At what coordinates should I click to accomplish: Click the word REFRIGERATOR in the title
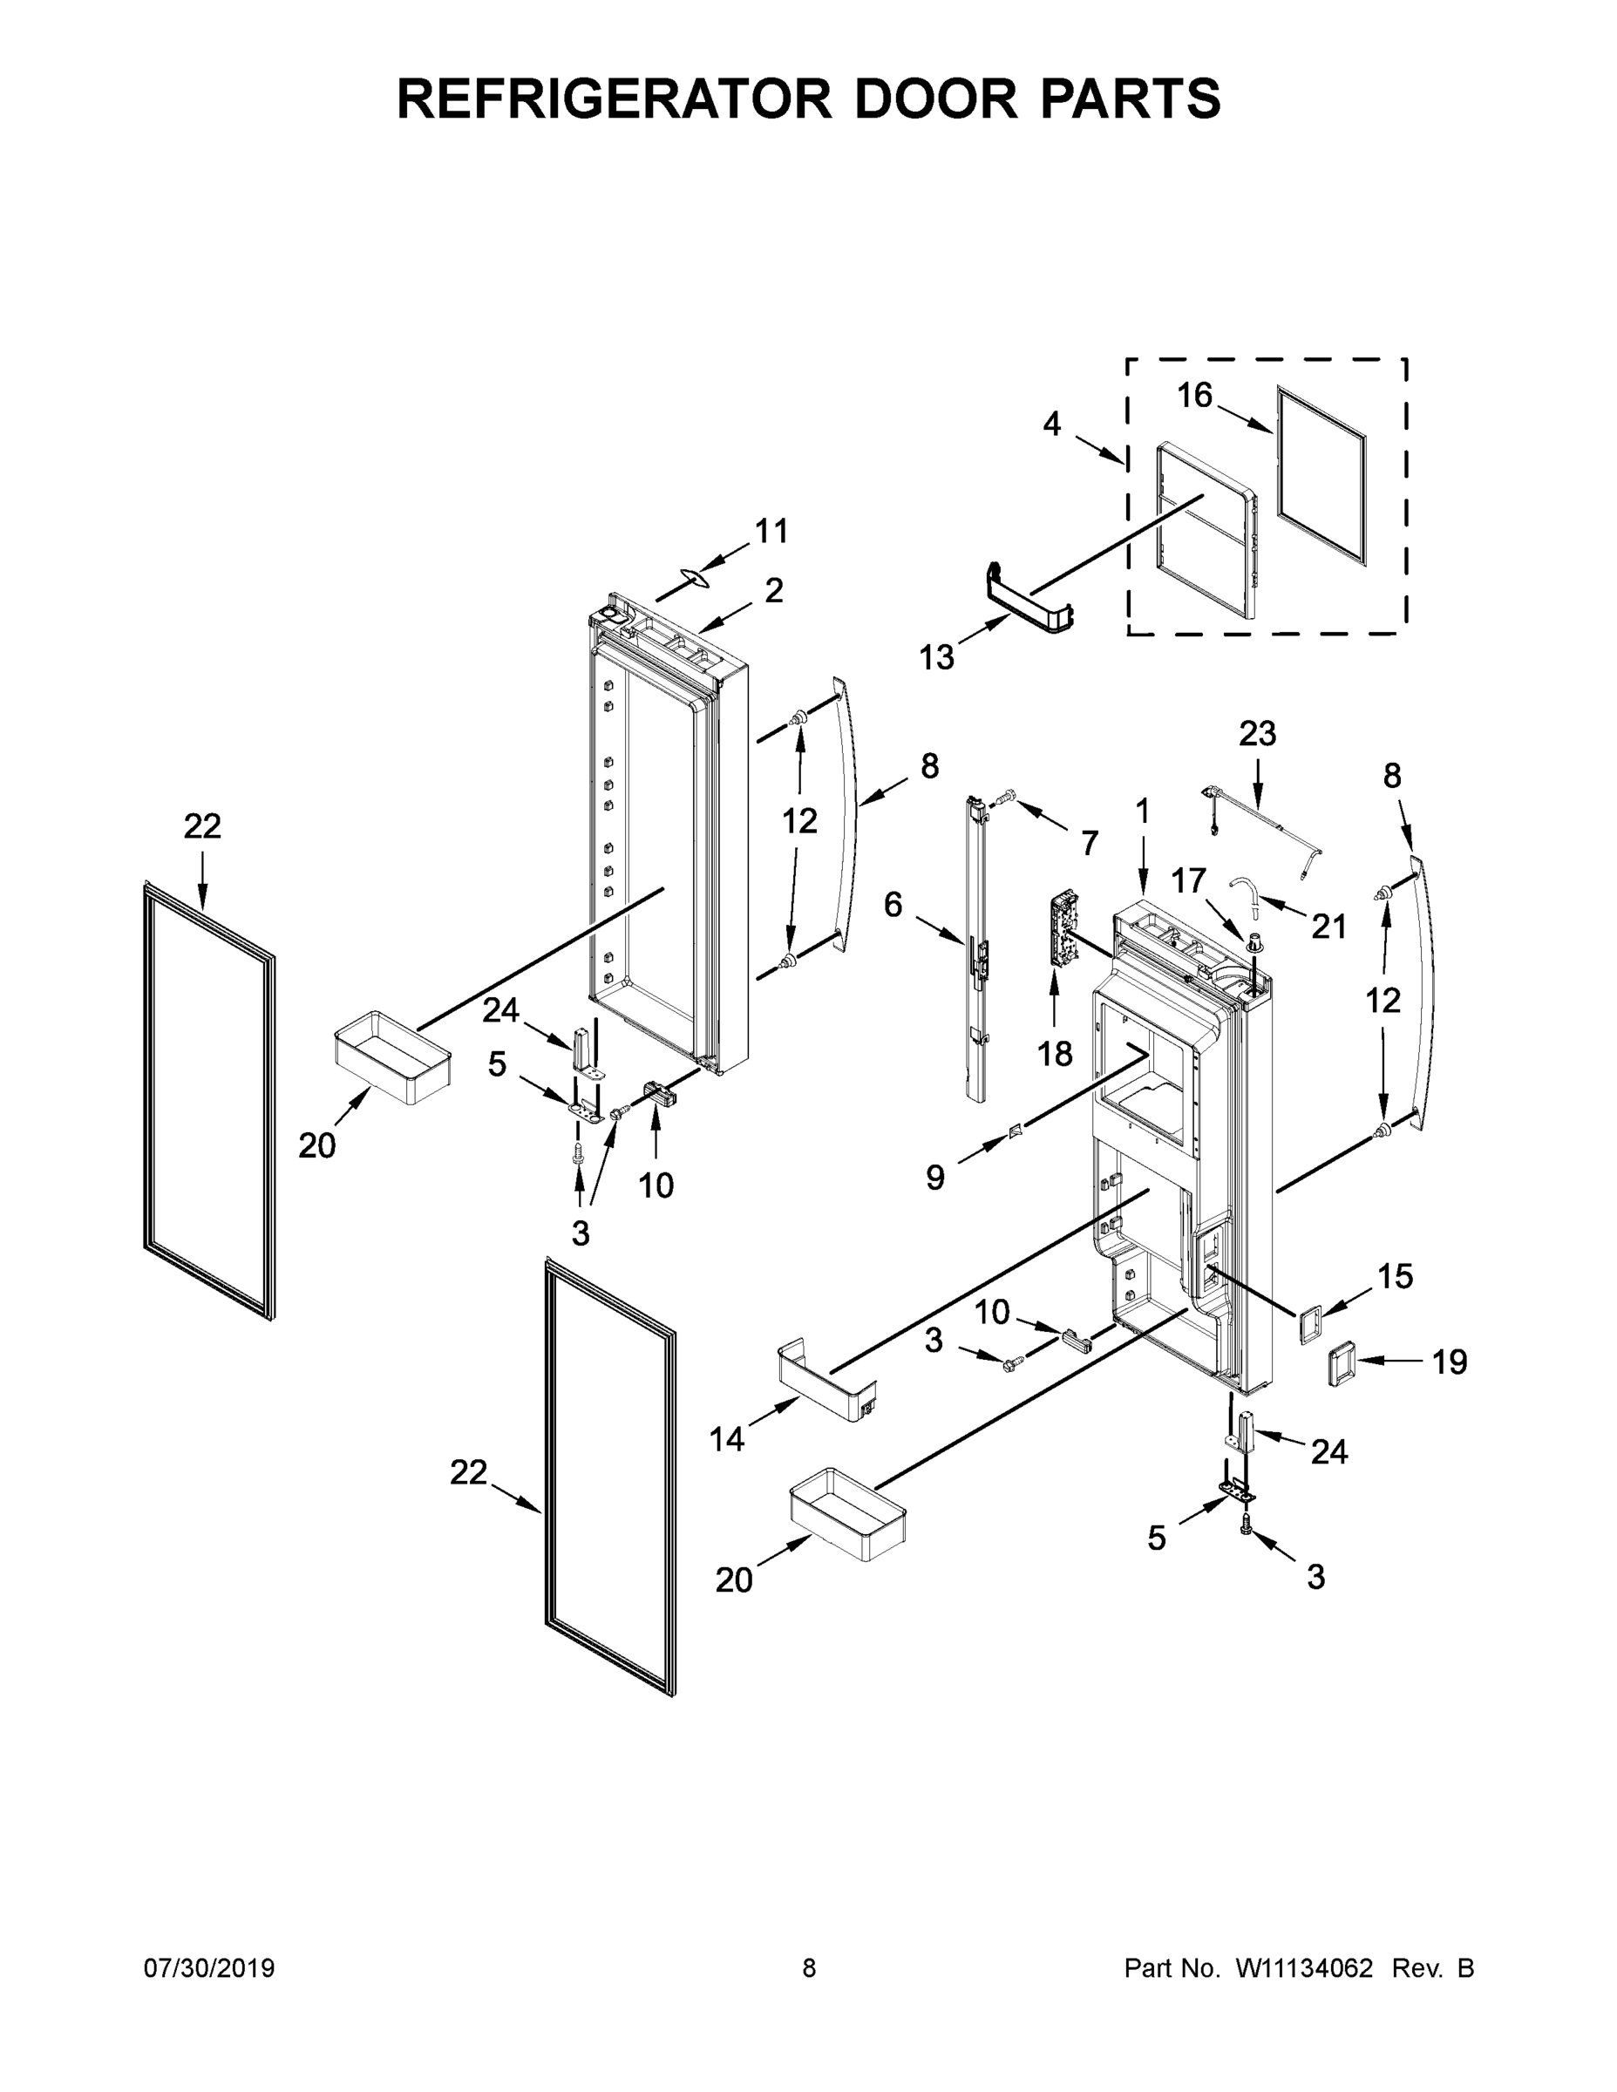click(613, 98)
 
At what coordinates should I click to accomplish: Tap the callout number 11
click(771, 531)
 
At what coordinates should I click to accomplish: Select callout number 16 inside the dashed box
click(1194, 395)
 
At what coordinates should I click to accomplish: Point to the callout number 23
click(1257, 734)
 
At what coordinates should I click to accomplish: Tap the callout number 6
click(893, 903)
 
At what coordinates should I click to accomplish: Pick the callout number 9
click(935, 1178)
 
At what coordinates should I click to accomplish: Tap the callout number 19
click(1450, 1362)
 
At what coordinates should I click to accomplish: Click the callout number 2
click(774, 590)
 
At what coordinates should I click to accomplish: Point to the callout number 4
click(1052, 424)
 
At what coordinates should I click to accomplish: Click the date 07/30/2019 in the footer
click(209, 1968)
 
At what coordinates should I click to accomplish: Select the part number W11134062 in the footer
click(1304, 1968)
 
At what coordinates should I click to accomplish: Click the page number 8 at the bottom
click(809, 1968)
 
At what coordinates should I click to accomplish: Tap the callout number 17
click(1189, 880)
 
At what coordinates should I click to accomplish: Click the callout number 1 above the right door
click(1142, 812)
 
